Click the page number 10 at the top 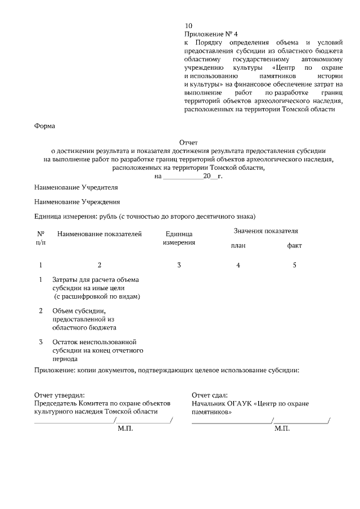(188, 26)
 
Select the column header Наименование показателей (100, 234)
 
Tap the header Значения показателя (265, 231)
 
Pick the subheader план (238, 246)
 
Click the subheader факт (294, 246)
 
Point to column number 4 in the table (238, 265)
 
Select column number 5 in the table (294, 265)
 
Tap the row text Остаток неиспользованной (94, 342)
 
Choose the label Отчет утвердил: (59, 395)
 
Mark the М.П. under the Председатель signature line (125, 429)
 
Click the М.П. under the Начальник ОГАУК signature (282, 429)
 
